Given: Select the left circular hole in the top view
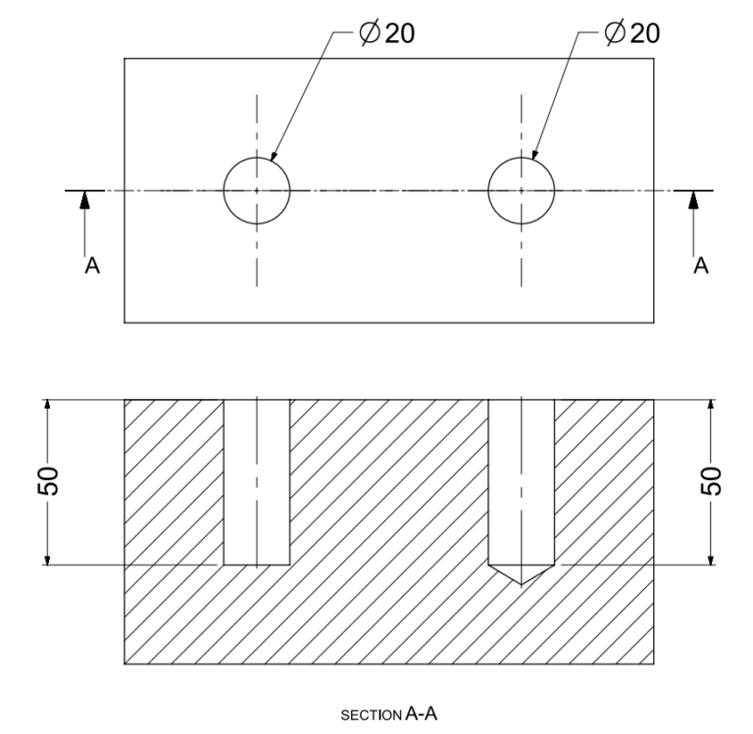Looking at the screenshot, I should click(x=257, y=189).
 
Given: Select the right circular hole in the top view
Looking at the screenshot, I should click(x=521, y=189).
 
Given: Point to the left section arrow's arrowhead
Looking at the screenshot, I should click(x=85, y=199).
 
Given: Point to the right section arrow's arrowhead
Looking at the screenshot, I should click(x=694, y=199).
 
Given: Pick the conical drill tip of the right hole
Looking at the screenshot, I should click(x=521, y=574).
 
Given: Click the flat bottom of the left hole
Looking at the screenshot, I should click(x=257, y=564).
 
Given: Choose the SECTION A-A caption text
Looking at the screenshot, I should click(x=389, y=714).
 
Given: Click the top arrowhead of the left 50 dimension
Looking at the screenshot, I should click(x=46, y=407).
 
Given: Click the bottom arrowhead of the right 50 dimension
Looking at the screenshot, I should click(x=711, y=558).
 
